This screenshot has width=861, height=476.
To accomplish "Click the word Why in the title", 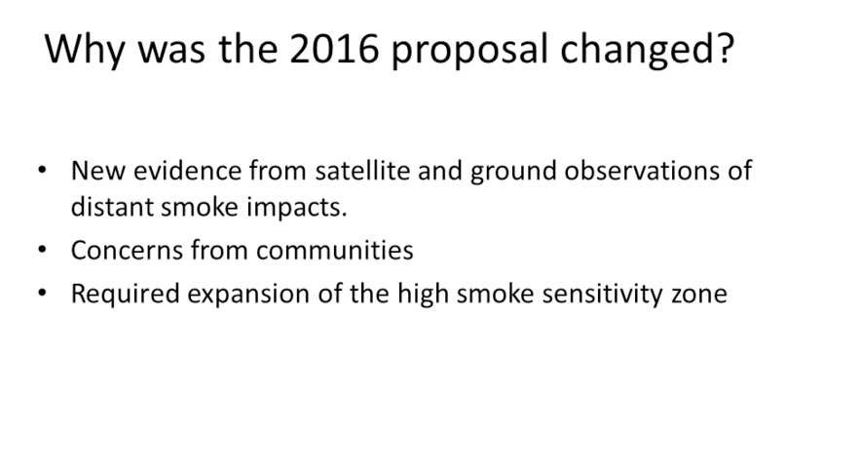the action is pyautogui.click(x=85, y=51).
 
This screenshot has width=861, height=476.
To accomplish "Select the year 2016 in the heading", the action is pyautogui.click(x=334, y=49).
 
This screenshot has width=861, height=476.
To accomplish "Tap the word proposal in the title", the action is pyautogui.click(x=470, y=51).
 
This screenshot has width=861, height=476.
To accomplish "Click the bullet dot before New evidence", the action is pyautogui.click(x=42, y=171).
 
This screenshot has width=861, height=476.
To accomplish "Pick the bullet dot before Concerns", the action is pyautogui.click(x=42, y=250).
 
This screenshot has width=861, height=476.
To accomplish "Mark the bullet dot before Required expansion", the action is pyautogui.click(x=42, y=293).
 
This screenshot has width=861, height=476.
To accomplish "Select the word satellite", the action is pyautogui.click(x=362, y=171).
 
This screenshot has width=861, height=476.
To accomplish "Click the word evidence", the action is pyautogui.click(x=187, y=171).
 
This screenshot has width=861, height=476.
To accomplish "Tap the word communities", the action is pyautogui.click(x=334, y=250).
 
